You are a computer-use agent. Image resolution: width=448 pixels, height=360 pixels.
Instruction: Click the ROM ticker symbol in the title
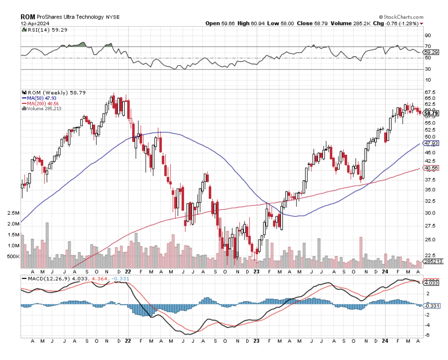(28, 17)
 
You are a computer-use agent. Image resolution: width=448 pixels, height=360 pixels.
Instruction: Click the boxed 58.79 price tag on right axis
(430, 113)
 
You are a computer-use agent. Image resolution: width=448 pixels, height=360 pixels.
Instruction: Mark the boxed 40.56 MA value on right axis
(430, 168)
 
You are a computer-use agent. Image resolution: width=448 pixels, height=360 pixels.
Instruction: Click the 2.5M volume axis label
(13, 213)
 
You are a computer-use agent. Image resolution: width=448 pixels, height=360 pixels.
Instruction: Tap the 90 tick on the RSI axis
(428, 35)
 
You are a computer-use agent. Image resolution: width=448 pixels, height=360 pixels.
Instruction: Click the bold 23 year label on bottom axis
(257, 341)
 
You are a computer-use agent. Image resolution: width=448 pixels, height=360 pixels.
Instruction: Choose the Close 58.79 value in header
(308, 23)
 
